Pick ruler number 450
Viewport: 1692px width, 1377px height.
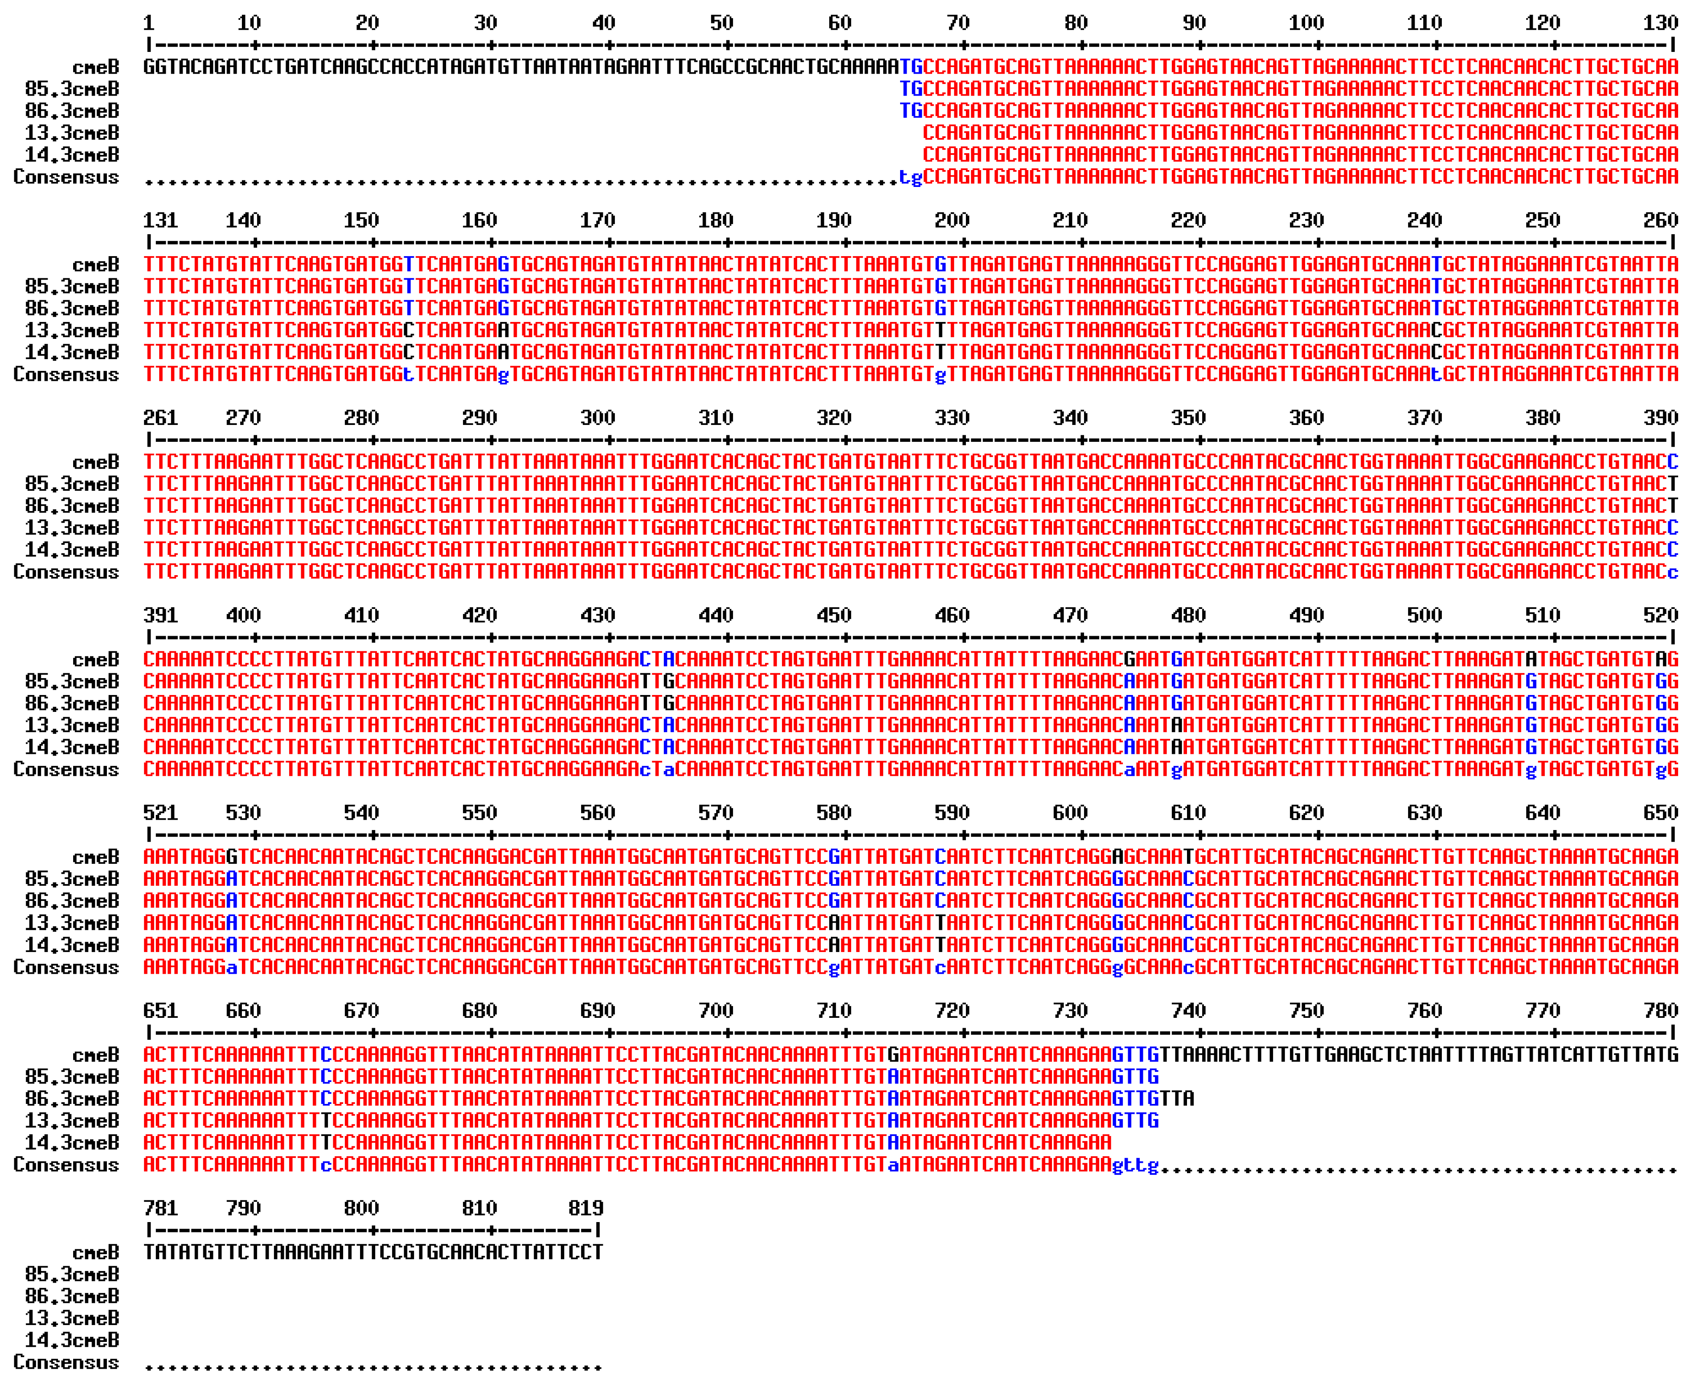pos(834,615)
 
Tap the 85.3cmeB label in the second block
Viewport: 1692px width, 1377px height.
pos(72,286)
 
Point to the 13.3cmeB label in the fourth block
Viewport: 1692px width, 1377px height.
pos(72,725)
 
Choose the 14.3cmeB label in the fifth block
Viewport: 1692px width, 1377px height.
pos(72,945)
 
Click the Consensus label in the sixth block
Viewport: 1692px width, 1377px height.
pos(66,1165)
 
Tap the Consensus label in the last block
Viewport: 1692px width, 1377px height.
pos(66,1362)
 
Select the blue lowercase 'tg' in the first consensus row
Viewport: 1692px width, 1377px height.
pos(910,177)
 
